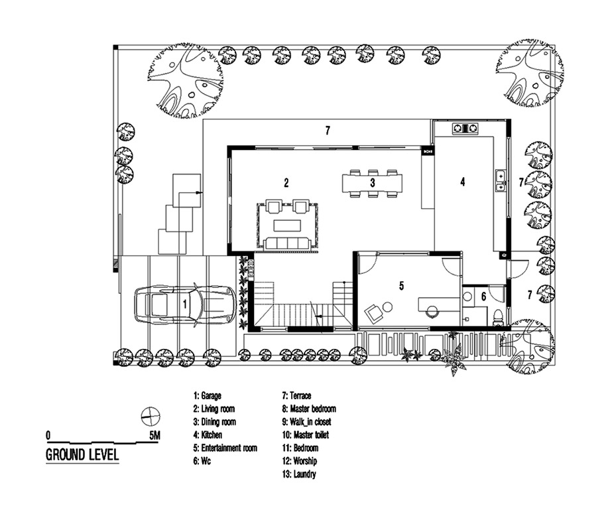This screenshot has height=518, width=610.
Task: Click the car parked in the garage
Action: coord(184,304)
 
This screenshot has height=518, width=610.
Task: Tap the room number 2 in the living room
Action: coord(286,182)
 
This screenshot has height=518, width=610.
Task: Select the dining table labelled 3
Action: coord(373,183)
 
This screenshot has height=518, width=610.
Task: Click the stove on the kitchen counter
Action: coord(465,129)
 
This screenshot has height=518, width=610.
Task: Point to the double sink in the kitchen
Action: coord(501,181)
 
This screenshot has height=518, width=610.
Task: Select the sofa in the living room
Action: coord(288,244)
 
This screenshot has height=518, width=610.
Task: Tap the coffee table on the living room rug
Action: coord(288,226)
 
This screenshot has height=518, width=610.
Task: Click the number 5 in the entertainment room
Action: coord(402,286)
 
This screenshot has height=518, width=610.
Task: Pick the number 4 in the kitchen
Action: coord(463,181)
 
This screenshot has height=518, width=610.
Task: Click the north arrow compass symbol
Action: coord(151,417)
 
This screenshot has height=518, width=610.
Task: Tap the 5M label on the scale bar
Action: coord(154,435)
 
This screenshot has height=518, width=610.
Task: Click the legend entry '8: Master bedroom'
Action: coord(309,409)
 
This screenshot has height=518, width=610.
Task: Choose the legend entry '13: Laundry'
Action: coord(299,474)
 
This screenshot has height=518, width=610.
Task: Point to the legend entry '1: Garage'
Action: coord(208,396)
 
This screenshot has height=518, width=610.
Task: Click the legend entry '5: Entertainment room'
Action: coord(225,448)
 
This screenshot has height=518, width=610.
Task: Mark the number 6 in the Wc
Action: coord(483,296)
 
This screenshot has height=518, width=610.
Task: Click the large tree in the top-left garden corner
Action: coord(186,80)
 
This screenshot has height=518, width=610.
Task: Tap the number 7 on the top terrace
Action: coord(328,131)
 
